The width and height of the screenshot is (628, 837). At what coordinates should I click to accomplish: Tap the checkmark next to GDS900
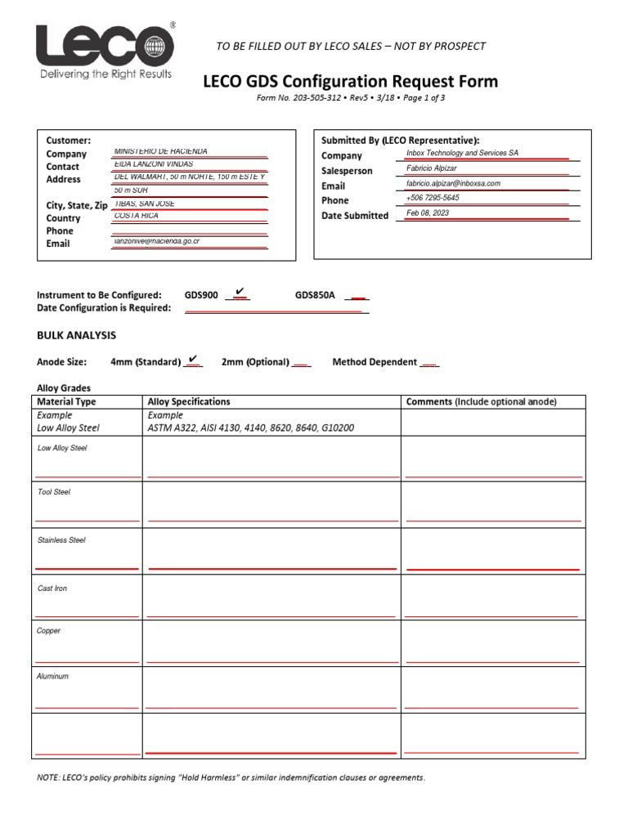point(239,292)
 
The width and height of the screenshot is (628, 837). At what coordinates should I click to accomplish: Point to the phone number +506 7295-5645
point(433,199)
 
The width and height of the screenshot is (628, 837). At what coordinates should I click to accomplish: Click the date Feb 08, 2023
point(428,213)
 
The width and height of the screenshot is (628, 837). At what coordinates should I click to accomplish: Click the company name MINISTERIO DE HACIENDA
point(160,151)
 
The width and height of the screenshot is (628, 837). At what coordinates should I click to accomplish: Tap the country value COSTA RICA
point(137,216)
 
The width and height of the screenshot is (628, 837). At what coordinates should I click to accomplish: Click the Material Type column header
point(66,401)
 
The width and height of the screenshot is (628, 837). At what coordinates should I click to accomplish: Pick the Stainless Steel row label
point(61,540)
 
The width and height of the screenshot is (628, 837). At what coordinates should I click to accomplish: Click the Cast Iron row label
point(52,589)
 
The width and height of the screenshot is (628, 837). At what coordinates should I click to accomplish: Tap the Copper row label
point(49,631)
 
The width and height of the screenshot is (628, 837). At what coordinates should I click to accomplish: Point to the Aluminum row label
point(53,677)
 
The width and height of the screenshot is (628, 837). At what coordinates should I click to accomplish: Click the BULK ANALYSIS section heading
point(76,335)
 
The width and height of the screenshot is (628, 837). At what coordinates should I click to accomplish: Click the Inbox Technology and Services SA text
point(462,153)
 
